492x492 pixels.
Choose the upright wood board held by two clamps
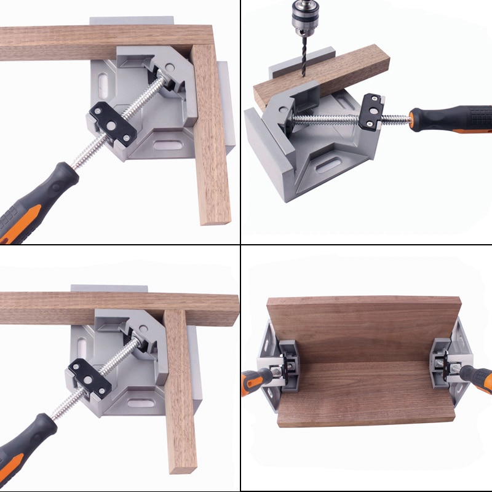pos(363,329)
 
